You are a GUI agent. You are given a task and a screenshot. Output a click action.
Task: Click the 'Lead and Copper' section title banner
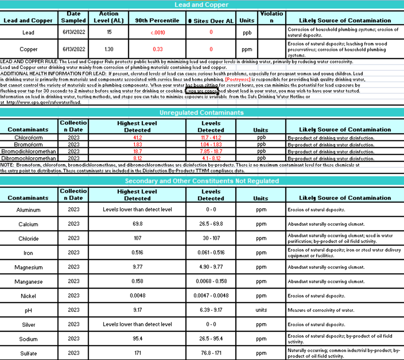tap(201, 5)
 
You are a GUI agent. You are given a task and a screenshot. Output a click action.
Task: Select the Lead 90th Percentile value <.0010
tap(158, 33)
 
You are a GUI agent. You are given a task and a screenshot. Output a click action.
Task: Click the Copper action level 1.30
tap(109, 49)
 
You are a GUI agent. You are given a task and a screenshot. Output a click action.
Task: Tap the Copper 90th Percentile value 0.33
tap(158, 49)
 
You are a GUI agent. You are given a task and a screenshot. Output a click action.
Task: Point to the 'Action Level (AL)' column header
tap(109, 17)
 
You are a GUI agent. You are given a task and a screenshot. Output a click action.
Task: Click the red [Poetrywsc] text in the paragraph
tap(238, 79)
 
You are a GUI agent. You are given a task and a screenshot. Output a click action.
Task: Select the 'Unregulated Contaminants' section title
tap(201, 113)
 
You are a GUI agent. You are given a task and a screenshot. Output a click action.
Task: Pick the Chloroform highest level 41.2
tap(138, 138)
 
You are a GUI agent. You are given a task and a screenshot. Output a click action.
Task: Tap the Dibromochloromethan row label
tap(29, 158)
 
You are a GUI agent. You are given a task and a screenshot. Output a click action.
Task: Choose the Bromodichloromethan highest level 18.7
tap(138, 151)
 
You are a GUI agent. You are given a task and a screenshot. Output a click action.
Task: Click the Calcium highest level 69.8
tap(138, 224)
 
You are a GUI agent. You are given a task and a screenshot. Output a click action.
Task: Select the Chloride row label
tap(29, 239)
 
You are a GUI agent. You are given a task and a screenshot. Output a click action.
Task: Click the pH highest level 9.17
tap(138, 310)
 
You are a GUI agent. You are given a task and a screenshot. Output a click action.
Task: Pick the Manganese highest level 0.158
tap(138, 282)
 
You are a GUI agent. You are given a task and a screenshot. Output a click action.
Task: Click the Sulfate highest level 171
tap(138, 353)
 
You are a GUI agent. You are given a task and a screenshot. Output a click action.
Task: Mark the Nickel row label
tap(29, 296)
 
